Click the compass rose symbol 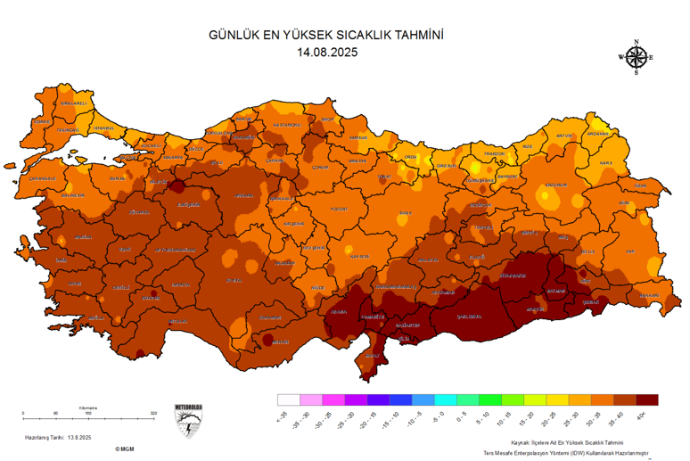[636, 57]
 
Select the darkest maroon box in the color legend [647, 400]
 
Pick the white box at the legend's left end [288, 400]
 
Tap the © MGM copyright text [123, 449]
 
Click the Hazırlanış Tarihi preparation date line [59, 436]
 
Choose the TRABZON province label [495, 154]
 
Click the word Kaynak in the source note [521, 441]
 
